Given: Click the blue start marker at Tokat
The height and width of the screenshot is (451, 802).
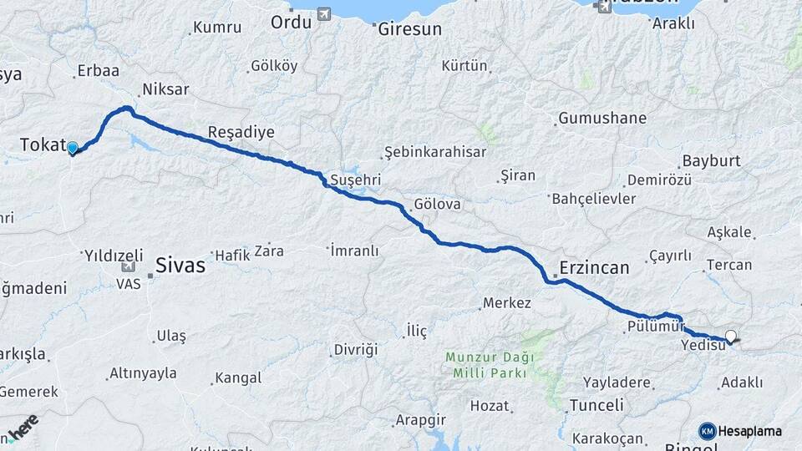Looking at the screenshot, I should coord(73,149).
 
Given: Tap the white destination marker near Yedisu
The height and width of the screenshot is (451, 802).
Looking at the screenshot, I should coord(732,337).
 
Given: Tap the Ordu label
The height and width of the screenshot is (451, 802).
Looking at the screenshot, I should coord(291,22).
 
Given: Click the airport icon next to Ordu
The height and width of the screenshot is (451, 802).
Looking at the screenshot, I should coord(323,14).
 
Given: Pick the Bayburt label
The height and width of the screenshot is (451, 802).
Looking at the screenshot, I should coord(713,160).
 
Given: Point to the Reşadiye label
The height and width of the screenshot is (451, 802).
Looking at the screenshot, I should coord(241,133).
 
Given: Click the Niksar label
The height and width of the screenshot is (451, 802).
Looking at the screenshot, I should coord(165,89).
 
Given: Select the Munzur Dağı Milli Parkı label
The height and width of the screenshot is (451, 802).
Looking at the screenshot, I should coord(488,364).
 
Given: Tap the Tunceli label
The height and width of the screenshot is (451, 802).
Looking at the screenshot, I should coord(596,405).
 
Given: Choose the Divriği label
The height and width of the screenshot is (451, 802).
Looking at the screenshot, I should coord(356,348).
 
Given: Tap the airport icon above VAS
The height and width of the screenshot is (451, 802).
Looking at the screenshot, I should coord(128,267).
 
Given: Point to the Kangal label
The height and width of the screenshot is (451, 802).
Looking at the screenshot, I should coord(238,378).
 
